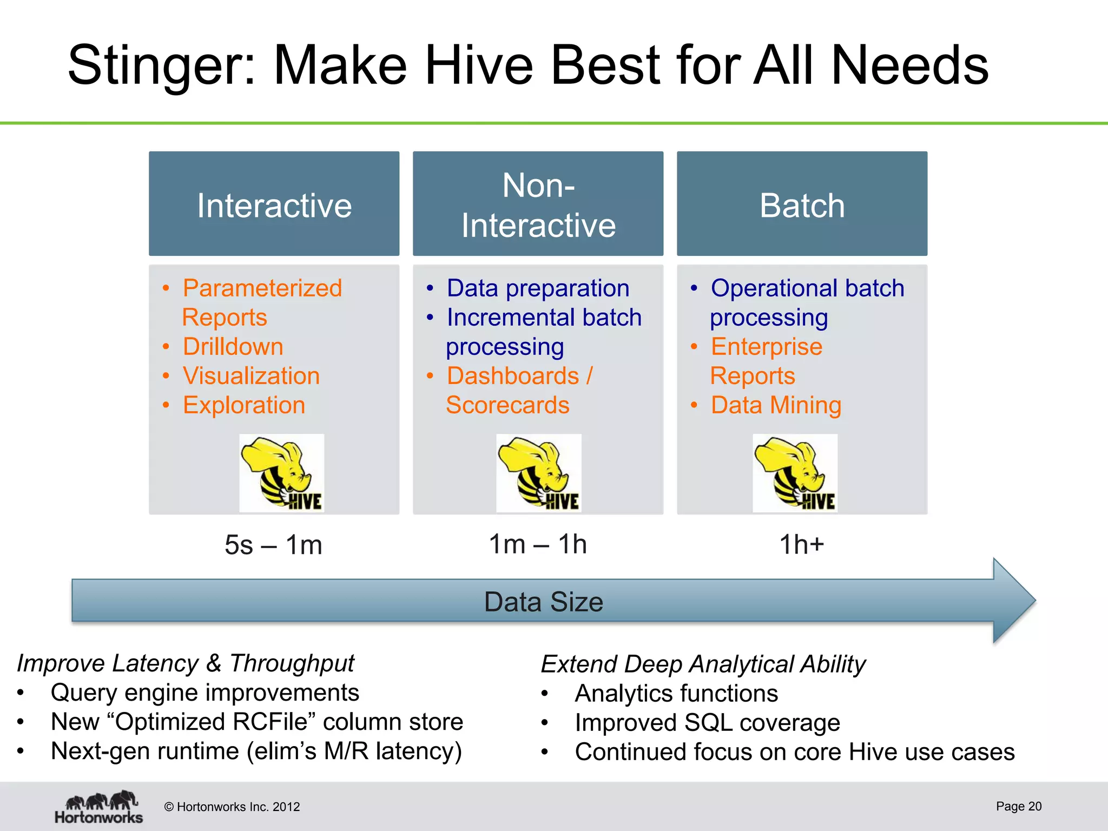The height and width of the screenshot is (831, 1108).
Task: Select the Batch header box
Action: pos(802,204)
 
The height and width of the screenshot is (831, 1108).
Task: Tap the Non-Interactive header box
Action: pos(538,204)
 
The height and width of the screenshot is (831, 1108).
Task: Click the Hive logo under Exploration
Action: pos(282,473)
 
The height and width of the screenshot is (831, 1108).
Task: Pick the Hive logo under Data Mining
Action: pos(795,473)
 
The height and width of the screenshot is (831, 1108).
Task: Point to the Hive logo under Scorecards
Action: pos(539,473)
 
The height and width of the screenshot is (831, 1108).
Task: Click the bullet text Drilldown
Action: pos(233,347)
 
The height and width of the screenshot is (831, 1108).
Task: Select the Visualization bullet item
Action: pos(251,376)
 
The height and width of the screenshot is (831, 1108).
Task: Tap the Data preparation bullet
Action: pos(538,288)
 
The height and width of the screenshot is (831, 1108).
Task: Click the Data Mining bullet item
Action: pos(776,405)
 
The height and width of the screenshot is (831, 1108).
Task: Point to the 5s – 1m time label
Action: pos(273,545)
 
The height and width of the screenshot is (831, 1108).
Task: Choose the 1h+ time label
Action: pos(801,544)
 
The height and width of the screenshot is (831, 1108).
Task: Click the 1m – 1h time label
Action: pos(538,544)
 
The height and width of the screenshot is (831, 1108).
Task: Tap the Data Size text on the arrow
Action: pos(543,602)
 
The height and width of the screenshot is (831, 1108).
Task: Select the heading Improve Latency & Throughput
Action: pos(186,663)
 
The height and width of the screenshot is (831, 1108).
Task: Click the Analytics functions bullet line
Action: pos(676,694)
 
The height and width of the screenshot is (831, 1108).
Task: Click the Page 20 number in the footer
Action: pos(1018,806)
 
